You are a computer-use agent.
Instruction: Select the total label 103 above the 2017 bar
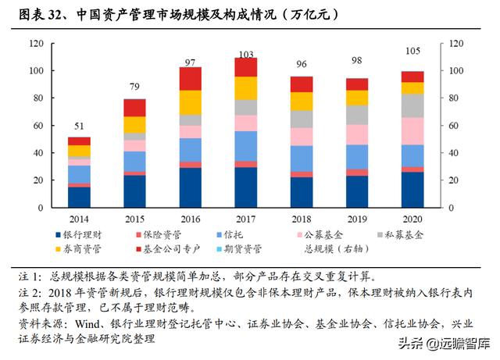point(246,54)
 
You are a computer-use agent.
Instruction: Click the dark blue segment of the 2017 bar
point(246,188)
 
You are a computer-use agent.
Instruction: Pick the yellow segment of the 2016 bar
point(191,102)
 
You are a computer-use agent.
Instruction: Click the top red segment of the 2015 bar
point(134,108)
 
